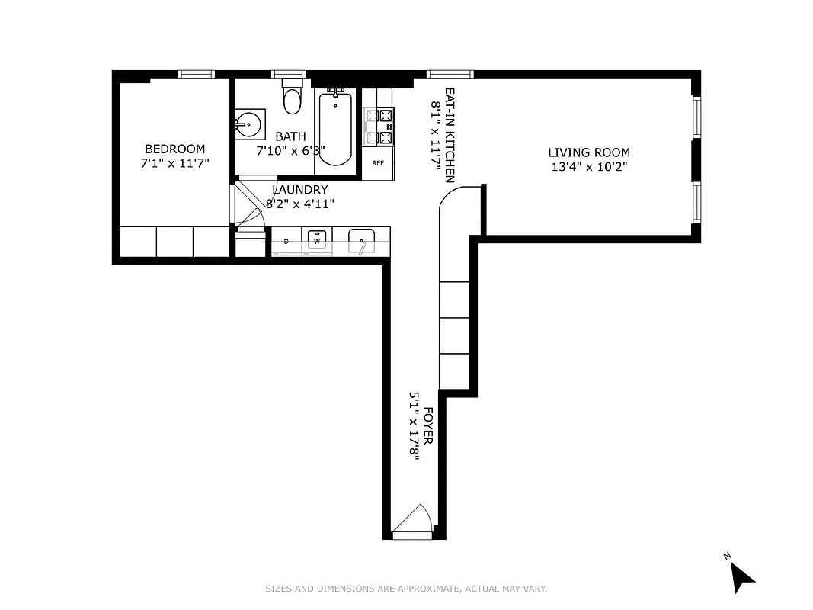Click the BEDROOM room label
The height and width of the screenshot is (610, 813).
point(174,149)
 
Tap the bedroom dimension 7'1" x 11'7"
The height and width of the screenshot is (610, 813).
point(174,163)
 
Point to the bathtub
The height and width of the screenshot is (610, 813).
point(334,129)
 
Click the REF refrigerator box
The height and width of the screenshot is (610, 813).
point(378,163)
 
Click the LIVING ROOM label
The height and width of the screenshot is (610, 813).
point(589,152)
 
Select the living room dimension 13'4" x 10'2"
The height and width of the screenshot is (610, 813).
point(589,167)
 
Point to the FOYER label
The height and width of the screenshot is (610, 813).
point(427,426)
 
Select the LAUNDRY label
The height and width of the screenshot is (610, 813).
point(300,190)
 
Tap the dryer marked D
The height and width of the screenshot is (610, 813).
point(286,241)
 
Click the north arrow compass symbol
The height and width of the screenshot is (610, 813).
point(740,573)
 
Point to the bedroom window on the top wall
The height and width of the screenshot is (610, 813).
point(197,74)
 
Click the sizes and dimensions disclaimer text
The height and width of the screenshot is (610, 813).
point(406,589)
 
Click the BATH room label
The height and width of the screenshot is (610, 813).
point(290,136)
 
